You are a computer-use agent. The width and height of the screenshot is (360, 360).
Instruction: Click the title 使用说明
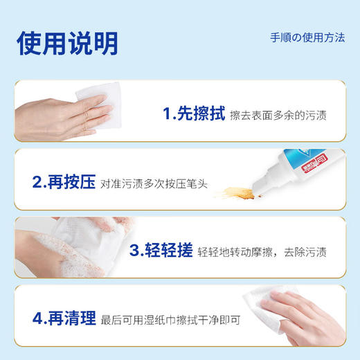(68, 42)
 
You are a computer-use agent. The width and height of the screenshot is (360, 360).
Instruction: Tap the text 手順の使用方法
(307, 37)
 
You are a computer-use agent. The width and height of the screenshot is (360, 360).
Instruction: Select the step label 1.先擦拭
(193, 114)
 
